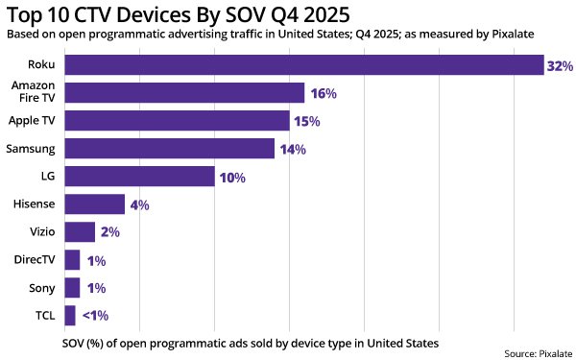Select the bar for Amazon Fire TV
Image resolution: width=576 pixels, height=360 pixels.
(184, 93)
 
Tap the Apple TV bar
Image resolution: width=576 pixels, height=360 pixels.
(177, 121)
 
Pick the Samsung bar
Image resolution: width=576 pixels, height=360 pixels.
(169, 149)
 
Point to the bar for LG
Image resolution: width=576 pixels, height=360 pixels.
(139, 177)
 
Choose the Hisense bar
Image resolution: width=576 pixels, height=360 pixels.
(94, 204)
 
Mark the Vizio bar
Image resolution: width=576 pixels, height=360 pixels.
(80, 232)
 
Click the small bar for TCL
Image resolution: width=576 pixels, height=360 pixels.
(69, 316)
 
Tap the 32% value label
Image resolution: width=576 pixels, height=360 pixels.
(560, 66)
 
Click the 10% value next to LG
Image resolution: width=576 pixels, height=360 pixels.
(232, 178)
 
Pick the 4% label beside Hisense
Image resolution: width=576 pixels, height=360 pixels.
(139, 205)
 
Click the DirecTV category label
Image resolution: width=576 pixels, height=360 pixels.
(35, 260)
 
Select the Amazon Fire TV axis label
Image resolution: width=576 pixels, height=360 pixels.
(35, 93)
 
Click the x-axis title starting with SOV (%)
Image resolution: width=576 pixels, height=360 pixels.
(250, 341)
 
